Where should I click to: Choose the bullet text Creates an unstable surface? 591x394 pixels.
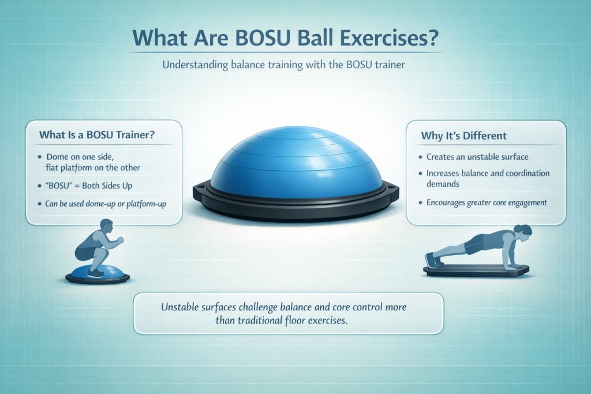pos(477,157)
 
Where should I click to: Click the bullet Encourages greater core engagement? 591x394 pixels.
pos(486,202)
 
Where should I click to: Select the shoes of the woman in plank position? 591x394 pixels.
pos(430,260)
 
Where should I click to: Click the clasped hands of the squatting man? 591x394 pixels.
pos(119,240)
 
